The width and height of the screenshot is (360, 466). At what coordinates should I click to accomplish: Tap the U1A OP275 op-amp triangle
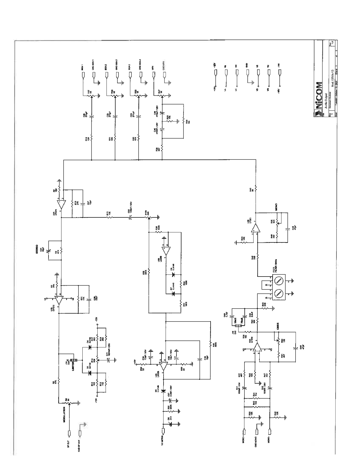[x=61, y=204]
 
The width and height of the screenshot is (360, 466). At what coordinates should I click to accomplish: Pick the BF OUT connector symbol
[x=69, y=433]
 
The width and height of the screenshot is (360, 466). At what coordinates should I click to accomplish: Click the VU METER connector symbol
[x=164, y=431]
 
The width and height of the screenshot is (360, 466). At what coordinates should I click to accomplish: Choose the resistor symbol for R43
[x=256, y=187]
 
